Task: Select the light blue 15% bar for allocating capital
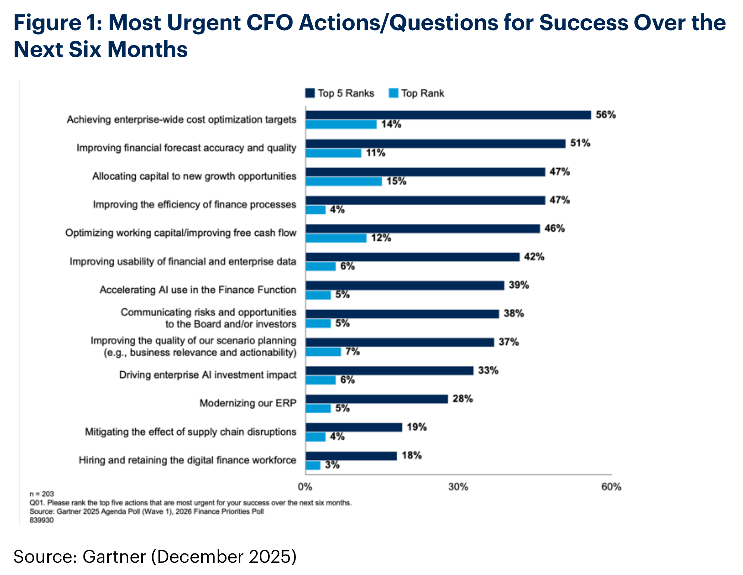point(344,181)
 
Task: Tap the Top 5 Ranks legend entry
point(339,93)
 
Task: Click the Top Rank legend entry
point(416,93)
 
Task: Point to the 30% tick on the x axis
point(458,487)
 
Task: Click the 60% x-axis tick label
point(611,487)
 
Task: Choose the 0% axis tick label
point(305,487)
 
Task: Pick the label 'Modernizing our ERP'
point(248,403)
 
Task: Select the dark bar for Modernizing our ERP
point(376,399)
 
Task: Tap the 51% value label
point(580,143)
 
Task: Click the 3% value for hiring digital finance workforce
point(332,465)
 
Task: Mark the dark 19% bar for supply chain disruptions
point(354,427)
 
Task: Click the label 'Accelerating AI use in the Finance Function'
point(198,290)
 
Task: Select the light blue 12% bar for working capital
point(336,238)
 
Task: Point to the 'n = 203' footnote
point(42,494)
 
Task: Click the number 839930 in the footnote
point(42,520)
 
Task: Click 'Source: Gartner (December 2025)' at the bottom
point(155,557)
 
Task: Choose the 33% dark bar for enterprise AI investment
point(389,371)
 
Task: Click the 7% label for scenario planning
point(352,352)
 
